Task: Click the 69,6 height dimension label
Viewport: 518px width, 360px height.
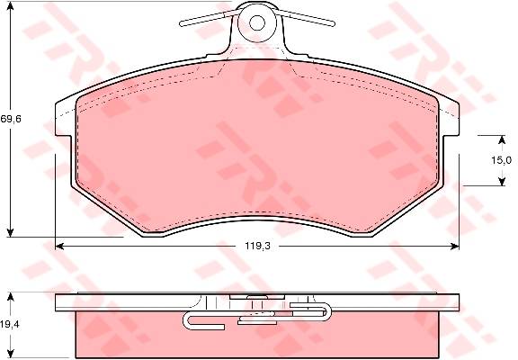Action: click(x=11, y=119)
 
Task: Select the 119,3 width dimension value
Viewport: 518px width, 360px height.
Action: click(x=257, y=246)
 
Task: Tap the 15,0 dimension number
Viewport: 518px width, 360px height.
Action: click(x=501, y=161)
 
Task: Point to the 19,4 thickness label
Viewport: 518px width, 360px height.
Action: click(x=10, y=324)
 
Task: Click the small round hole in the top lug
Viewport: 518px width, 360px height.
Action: click(x=257, y=22)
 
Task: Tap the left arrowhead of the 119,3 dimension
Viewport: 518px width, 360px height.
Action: click(x=59, y=246)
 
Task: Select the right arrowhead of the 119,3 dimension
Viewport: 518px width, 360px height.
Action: click(x=455, y=246)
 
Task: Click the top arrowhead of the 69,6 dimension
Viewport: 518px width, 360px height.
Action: click(x=11, y=6)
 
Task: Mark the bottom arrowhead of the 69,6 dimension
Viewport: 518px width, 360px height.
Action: click(x=11, y=232)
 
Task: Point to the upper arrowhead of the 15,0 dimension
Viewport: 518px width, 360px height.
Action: click(x=502, y=139)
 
